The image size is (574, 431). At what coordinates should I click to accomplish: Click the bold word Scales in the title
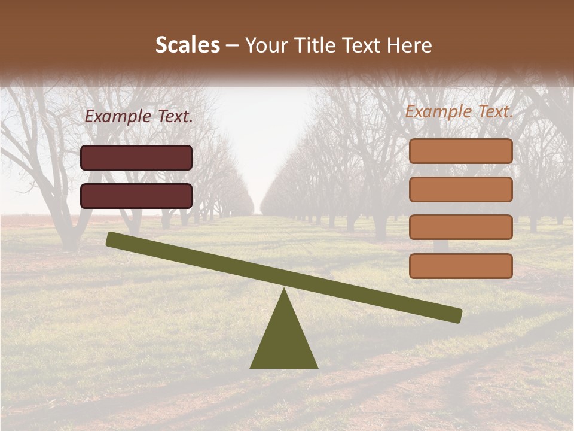187,45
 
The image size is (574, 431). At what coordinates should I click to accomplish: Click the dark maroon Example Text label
139,117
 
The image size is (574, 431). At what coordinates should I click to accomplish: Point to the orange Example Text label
459,111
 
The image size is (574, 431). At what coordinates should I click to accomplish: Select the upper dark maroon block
136,157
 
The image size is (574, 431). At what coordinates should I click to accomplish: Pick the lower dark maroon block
136,196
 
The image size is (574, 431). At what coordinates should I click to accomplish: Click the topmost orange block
461,151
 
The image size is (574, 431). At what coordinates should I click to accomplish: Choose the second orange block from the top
461,189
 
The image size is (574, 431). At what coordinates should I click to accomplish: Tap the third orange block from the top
461,227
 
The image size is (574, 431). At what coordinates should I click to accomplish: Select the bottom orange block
461,266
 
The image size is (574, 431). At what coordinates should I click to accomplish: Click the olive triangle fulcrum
284,338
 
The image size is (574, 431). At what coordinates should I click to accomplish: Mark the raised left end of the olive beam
111,239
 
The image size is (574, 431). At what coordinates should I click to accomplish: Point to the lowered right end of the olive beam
457,315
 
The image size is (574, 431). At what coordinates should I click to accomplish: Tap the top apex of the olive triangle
284,289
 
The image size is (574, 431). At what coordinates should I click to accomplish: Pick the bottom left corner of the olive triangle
251,367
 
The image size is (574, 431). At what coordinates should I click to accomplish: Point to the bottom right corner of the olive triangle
317,367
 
